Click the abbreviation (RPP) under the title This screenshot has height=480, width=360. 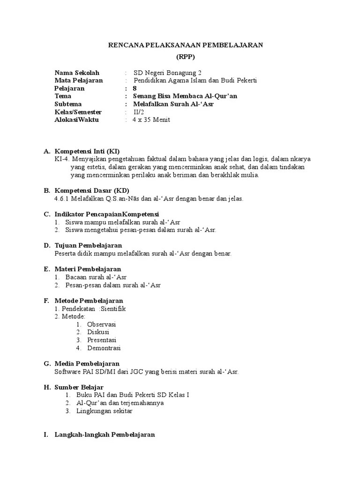186,57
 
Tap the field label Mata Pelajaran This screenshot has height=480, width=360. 78,81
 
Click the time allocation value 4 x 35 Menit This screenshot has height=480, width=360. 151,120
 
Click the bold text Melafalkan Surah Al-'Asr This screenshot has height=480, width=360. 173,104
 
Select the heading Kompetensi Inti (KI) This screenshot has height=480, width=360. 87,151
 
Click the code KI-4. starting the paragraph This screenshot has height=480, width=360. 62,159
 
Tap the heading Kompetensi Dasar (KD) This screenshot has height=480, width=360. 91,191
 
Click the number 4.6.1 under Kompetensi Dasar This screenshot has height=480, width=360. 62,199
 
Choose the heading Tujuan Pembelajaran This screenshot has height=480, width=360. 88,246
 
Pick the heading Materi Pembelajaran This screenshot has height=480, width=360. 88,269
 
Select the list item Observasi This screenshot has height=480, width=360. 102,324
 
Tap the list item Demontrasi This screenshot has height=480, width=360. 104,348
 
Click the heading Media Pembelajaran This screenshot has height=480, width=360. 87,364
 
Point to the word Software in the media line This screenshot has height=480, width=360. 68,372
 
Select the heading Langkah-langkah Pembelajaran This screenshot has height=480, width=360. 105,435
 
